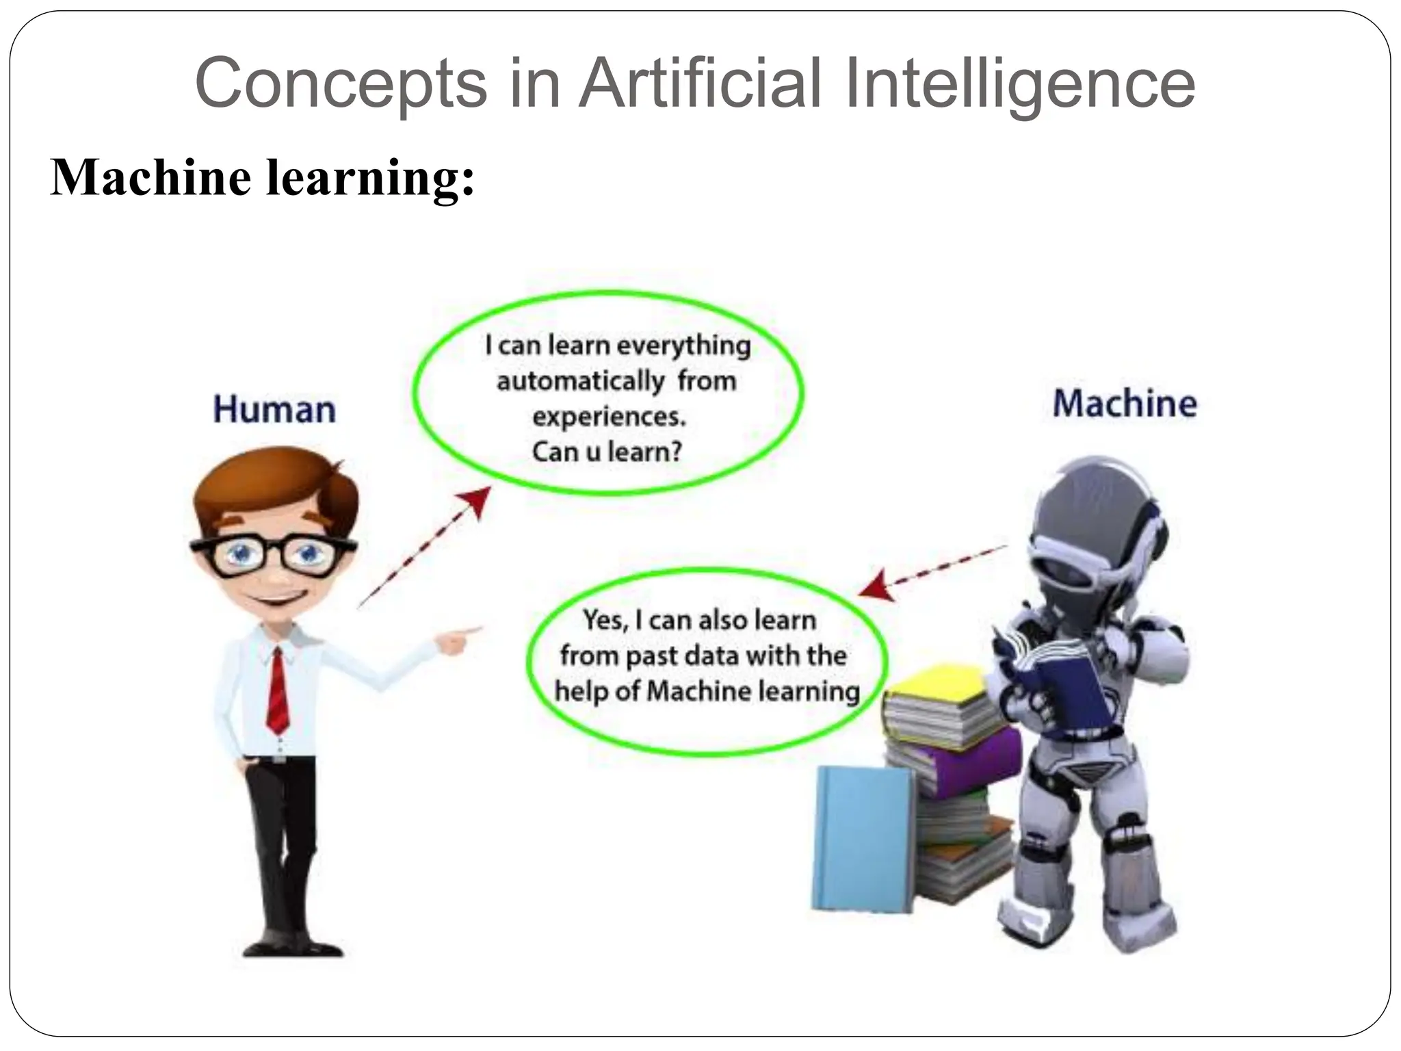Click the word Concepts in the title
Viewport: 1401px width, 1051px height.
point(340,83)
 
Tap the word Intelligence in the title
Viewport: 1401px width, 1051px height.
point(1019,83)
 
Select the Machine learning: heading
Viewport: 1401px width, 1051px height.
point(262,177)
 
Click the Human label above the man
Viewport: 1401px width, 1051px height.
point(274,410)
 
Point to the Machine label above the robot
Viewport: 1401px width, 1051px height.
point(1125,403)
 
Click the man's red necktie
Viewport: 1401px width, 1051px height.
point(278,691)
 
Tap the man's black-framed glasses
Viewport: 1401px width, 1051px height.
point(274,554)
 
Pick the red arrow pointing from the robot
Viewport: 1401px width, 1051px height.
point(930,571)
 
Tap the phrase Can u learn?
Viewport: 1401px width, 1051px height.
point(607,452)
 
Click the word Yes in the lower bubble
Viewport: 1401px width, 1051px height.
point(605,621)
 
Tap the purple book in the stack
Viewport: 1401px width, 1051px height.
point(958,763)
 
